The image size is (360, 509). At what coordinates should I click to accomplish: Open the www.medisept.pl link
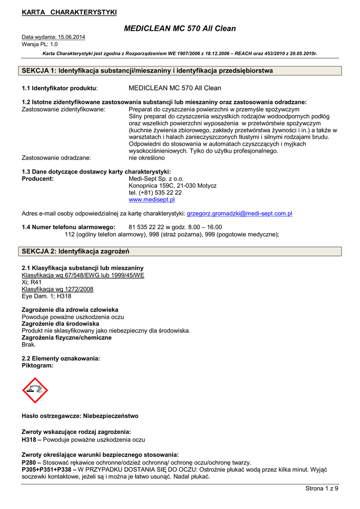coord(152,199)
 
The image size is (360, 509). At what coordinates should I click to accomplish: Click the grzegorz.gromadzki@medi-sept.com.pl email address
coord(239,214)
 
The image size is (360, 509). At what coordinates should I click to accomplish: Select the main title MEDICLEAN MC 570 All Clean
coord(180,28)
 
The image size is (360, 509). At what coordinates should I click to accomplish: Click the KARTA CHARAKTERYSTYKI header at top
coord(69,12)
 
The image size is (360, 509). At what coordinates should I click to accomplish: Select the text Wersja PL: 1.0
coord(40,44)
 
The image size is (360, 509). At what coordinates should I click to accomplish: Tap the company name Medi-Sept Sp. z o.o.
coord(156,178)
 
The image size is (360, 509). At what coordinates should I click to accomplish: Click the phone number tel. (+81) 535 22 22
coord(155,192)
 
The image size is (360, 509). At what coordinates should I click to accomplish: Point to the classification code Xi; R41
coord(32,282)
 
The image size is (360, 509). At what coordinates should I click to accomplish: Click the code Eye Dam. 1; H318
coord(47,296)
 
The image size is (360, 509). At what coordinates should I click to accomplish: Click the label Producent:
coord(38,178)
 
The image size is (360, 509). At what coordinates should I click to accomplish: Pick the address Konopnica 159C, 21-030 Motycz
coord(173,185)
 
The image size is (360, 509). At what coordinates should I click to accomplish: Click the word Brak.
coord(29,344)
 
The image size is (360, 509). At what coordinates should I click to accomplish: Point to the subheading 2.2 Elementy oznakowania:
coord(61,358)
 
